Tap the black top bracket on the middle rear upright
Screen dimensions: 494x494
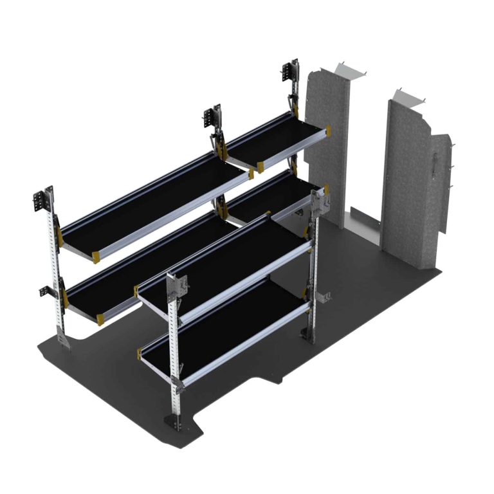pyautogui.click(x=210, y=118)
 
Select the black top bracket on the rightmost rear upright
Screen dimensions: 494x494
pyautogui.click(x=291, y=72)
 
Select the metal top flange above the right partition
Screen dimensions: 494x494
pyautogui.click(x=408, y=96)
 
